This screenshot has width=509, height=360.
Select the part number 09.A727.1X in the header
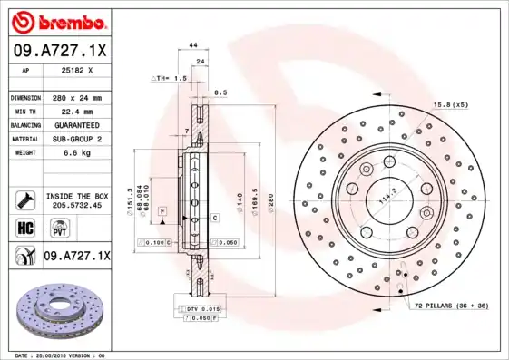point(58,51)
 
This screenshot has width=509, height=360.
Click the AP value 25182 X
point(78,69)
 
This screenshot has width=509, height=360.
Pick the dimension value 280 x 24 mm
point(76,97)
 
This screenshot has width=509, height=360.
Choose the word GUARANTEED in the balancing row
point(76,124)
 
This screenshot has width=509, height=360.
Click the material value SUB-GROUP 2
point(76,139)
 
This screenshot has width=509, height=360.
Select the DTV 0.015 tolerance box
point(201,310)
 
